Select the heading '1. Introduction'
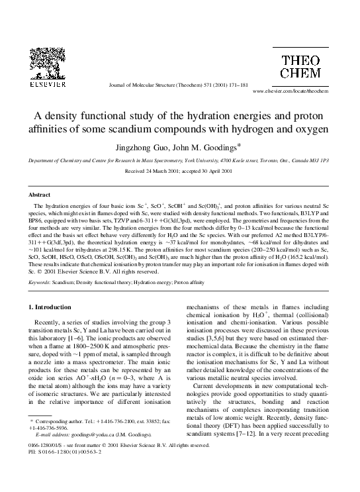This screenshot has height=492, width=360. pyautogui.click(x=52, y=307)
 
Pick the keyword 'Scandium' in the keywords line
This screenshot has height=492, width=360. pyautogui.click(x=66, y=283)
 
